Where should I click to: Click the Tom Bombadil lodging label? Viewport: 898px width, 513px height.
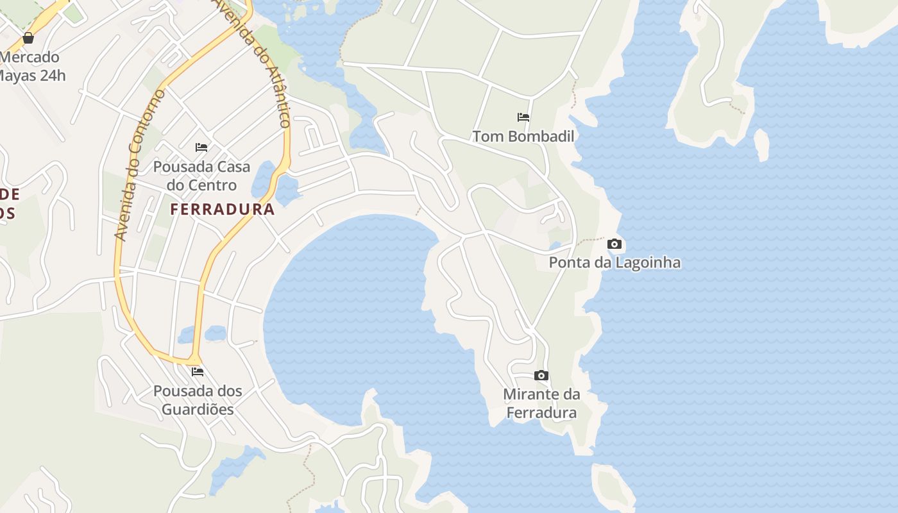coord(523,136)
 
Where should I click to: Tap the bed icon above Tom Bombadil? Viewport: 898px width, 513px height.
coord(523,117)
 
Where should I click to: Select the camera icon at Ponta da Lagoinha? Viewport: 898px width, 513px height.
coord(614,244)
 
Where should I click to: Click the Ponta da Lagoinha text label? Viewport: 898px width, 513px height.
coord(614,263)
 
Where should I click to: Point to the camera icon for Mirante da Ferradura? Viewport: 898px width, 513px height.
coord(541,376)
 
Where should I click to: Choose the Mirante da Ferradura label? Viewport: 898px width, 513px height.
coord(541,403)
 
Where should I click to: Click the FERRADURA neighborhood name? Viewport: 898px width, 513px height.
coord(223,209)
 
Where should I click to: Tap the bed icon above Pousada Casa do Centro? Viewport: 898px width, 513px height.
coord(201,147)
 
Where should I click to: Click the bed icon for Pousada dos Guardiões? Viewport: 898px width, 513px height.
coord(198,372)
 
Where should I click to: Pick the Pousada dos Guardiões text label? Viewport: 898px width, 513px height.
coord(198,399)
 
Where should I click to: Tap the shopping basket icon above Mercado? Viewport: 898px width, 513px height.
coord(28,38)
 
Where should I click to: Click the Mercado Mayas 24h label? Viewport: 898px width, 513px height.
coord(32,66)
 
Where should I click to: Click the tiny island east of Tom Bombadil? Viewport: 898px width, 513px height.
coord(761,144)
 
